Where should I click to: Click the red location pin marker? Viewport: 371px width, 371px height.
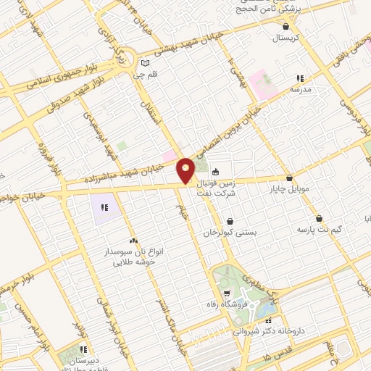tap(186, 170)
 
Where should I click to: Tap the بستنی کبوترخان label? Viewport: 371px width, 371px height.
tap(230, 233)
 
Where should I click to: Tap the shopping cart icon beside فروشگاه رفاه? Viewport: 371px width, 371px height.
tap(228, 293)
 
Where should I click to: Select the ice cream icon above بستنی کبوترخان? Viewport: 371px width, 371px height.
tap(230, 221)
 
